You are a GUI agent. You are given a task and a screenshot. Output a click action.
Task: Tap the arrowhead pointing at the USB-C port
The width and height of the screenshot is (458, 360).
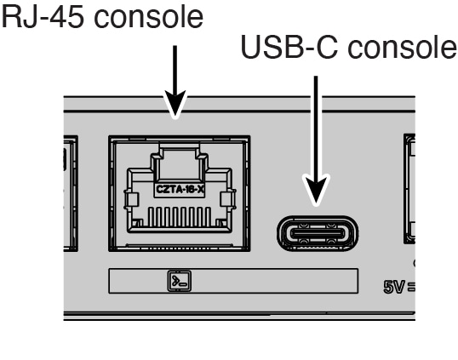coord(317,193)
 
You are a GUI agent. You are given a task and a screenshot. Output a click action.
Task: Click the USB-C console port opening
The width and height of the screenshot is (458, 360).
coord(317,231)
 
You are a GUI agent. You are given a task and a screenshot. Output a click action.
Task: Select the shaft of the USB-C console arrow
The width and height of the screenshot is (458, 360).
coord(317,128)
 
